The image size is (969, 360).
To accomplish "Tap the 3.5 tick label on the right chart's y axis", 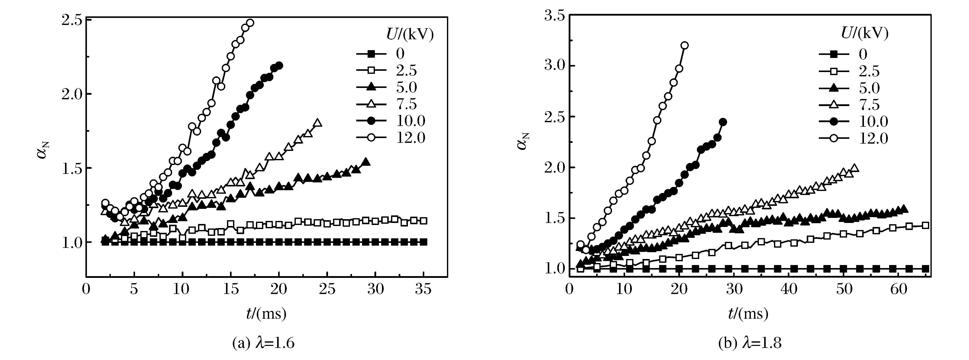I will [555, 16].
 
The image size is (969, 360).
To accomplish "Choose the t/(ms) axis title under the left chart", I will [266, 313].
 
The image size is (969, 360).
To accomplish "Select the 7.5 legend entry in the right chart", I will [869, 105].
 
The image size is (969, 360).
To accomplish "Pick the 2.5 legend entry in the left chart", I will [406, 70].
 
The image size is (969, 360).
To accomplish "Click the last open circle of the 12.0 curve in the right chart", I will [685, 46].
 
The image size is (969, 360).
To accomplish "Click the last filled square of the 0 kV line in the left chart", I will [424, 242].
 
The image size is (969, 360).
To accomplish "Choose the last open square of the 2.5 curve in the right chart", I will [926, 225].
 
